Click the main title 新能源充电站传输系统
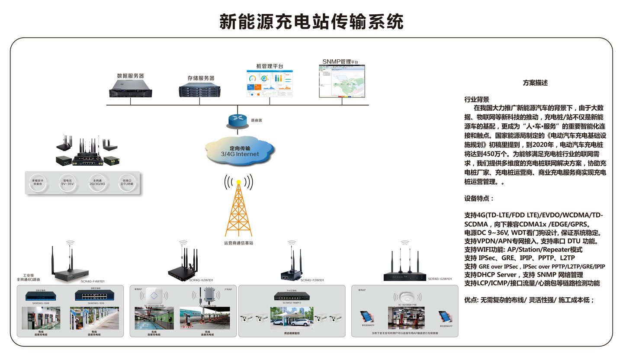311,21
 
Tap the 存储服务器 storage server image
200,90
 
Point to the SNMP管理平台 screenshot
342,82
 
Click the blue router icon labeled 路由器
237,120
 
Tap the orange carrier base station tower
238,208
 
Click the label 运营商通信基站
238,243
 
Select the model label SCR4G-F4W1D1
93,281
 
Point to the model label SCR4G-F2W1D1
312,280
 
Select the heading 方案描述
535,83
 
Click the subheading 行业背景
476,99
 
